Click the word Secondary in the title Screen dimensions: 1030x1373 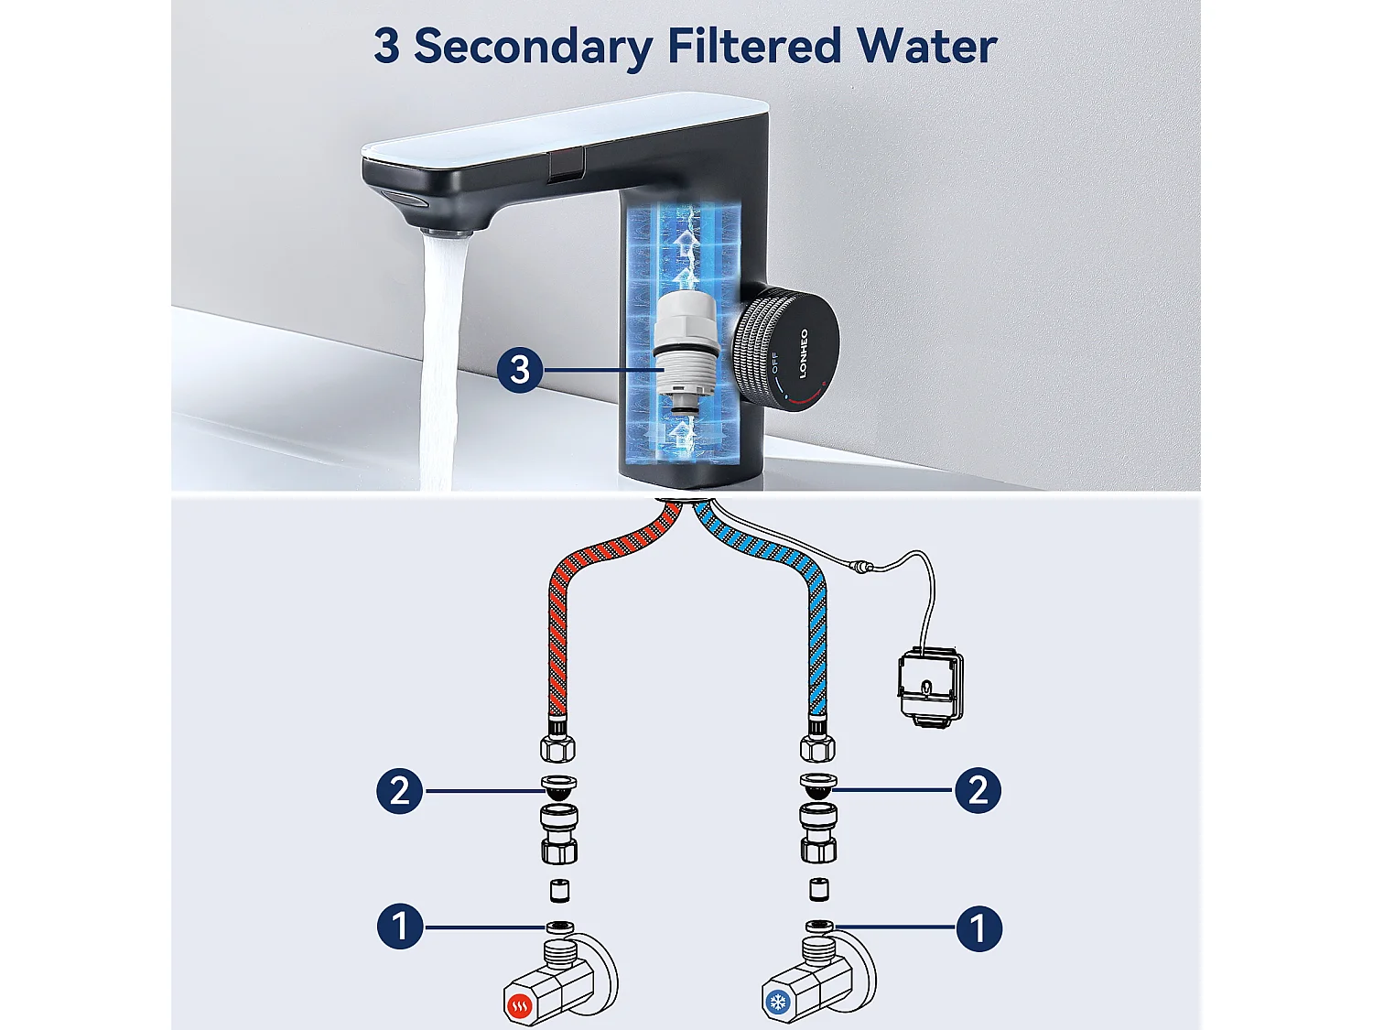[x=532, y=46]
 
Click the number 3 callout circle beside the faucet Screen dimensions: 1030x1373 [x=519, y=370]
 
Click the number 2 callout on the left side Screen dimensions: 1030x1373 [x=400, y=790]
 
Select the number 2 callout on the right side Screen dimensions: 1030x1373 [x=978, y=790]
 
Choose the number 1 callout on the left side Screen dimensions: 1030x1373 [x=400, y=927]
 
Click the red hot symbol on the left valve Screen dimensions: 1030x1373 [x=519, y=1006]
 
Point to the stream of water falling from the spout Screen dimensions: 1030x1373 [x=441, y=366]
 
